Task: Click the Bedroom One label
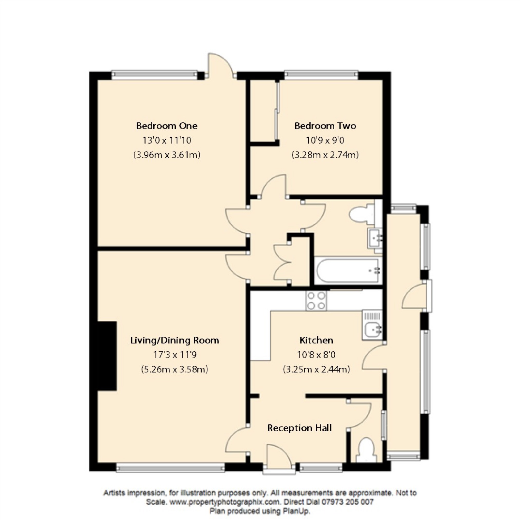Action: (x=167, y=126)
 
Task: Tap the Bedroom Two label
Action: (x=325, y=126)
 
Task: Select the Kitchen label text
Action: (x=316, y=340)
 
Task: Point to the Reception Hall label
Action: (x=299, y=428)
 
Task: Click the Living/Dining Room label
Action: (x=174, y=340)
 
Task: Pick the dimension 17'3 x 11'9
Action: (x=175, y=355)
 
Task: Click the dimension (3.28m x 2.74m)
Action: (x=325, y=155)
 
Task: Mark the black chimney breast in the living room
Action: (x=107, y=356)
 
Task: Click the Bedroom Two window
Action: (x=321, y=74)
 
